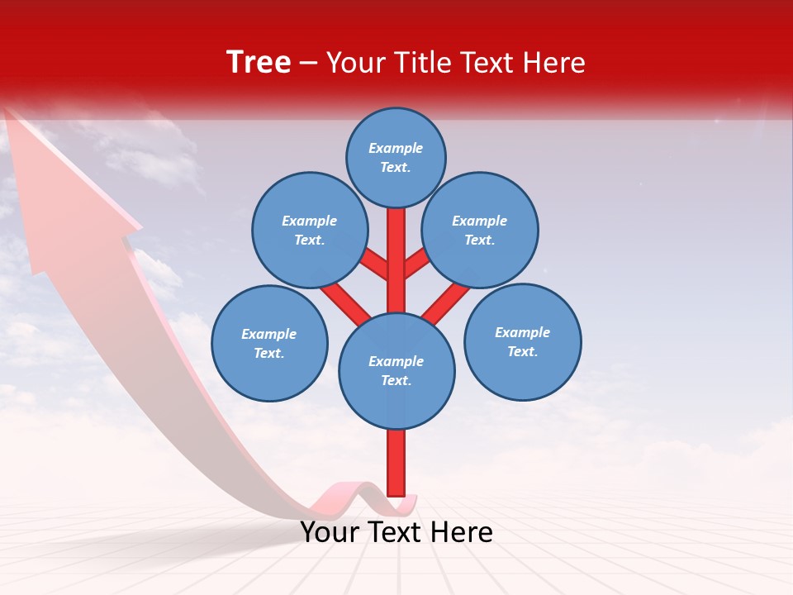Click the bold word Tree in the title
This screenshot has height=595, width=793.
pyautogui.click(x=259, y=62)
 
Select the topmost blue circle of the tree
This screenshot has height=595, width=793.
pyautogui.click(x=396, y=157)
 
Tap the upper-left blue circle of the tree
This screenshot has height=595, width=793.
pyautogui.click(x=310, y=230)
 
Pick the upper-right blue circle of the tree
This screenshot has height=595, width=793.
pyautogui.click(x=480, y=230)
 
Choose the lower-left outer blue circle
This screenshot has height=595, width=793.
pyautogui.click(x=269, y=343)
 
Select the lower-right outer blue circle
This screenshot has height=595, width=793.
pyautogui.click(x=523, y=341)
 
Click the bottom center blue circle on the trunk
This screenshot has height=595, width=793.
pyautogui.click(x=396, y=370)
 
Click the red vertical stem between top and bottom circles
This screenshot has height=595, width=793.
pyautogui.click(x=396, y=260)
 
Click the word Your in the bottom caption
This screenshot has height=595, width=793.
pyautogui.click(x=329, y=532)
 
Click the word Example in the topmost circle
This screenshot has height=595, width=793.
pyautogui.click(x=396, y=148)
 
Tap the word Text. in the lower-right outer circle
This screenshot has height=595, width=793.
pyautogui.click(x=522, y=351)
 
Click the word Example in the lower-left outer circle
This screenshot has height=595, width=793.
pyautogui.click(x=268, y=334)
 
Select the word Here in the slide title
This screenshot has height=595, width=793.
pyautogui.click(x=555, y=63)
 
